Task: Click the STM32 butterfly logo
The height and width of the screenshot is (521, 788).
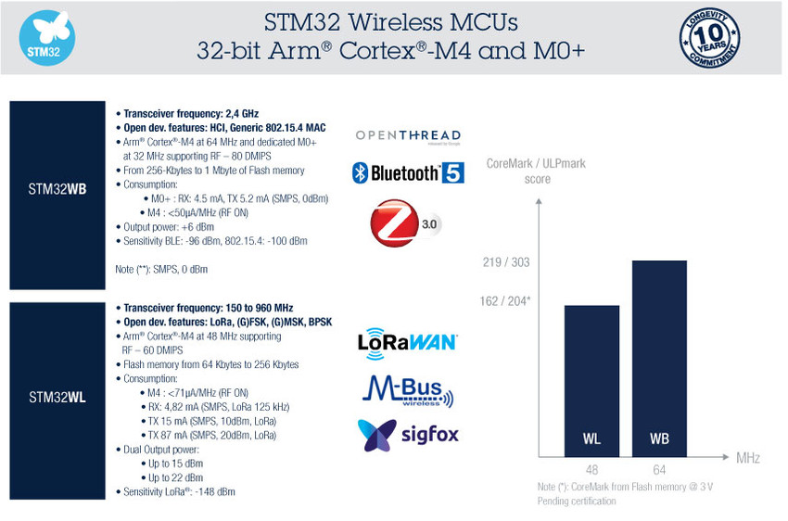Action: click(x=47, y=37)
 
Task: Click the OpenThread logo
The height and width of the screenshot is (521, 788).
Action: click(x=408, y=137)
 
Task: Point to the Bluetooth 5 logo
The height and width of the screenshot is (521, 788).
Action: click(x=408, y=172)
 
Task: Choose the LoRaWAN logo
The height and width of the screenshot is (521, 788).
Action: click(x=407, y=341)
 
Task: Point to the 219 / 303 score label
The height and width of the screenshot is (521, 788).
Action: click(x=506, y=262)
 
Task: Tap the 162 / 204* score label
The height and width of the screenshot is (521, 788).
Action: click(x=507, y=301)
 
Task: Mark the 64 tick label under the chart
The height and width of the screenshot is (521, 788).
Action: click(x=659, y=469)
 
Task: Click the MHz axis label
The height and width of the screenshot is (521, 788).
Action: click(x=748, y=459)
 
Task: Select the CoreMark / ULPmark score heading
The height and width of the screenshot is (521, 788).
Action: click(x=536, y=172)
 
